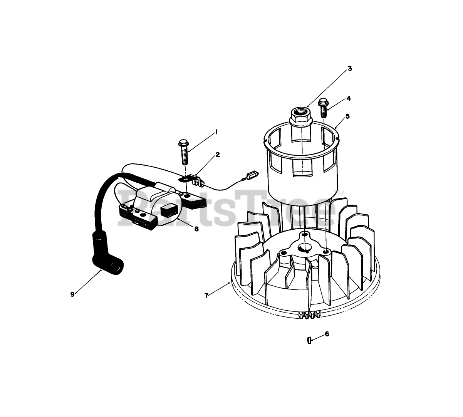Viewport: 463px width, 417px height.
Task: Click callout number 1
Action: point(216,132)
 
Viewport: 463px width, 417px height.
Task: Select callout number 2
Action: point(218,155)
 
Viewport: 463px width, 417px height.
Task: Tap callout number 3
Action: point(350,69)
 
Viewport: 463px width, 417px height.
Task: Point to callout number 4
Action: point(349,98)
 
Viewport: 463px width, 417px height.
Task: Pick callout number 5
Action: point(347,116)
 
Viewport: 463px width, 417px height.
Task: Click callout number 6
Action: point(327,334)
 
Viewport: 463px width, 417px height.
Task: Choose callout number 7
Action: point(206,295)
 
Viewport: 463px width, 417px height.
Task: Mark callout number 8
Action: point(196,229)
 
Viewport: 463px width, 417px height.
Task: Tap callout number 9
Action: point(72,294)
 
